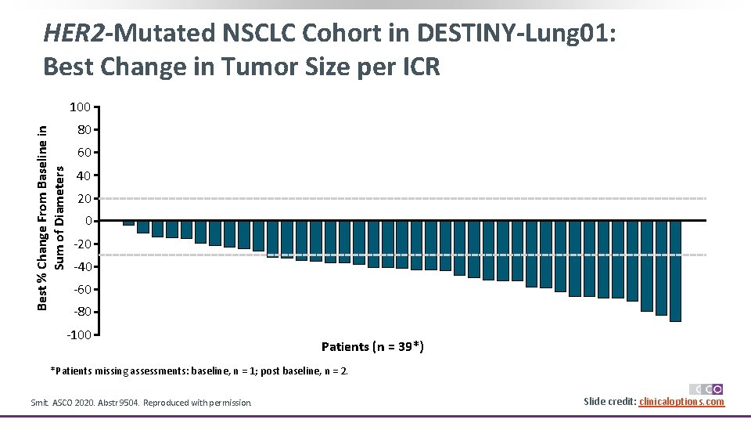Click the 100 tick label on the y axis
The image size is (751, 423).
[x=81, y=107]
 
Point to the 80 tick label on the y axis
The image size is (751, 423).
[x=84, y=129]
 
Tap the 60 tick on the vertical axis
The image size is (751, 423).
[x=84, y=152]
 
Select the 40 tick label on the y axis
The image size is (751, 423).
[x=84, y=175]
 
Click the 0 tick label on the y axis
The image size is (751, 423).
[x=88, y=221]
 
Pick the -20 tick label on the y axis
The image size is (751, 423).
[x=83, y=244]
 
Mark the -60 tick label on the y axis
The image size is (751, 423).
[x=83, y=290]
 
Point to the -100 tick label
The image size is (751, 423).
[x=80, y=335]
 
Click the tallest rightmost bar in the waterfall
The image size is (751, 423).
[x=675, y=271]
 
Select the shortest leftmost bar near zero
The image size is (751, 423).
[x=128, y=223]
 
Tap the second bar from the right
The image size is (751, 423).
[x=661, y=268]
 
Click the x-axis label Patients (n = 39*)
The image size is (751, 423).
[x=373, y=346]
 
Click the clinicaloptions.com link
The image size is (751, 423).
[x=681, y=402]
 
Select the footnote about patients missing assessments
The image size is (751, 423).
[x=199, y=371]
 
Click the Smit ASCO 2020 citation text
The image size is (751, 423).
[x=141, y=403]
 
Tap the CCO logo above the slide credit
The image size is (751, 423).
[x=706, y=389]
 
